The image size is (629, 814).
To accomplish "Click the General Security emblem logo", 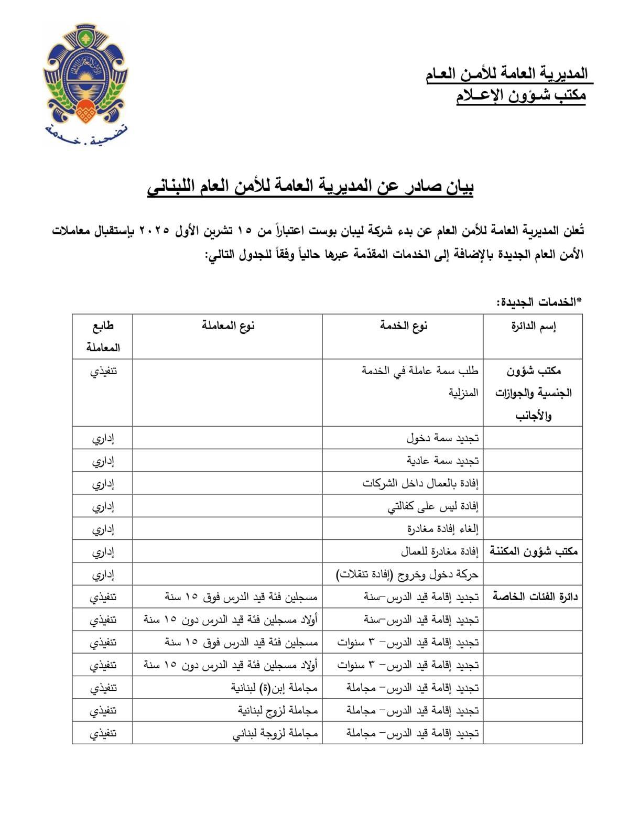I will pyautogui.click(x=85, y=76).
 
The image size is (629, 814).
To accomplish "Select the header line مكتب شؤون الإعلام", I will pyautogui.click(x=520, y=95).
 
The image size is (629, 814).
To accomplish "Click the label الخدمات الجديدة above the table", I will pyautogui.click(x=539, y=302).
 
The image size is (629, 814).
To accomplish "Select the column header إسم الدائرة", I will pyautogui.click(x=533, y=327).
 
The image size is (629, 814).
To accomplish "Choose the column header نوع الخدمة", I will pyautogui.click(x=403, y=326).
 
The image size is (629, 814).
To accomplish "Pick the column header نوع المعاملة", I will pyautogui.click(x=227, y=326).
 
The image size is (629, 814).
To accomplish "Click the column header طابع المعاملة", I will pyautogui.click(x=103, y=337).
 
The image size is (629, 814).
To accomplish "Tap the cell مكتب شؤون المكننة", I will pyautogui.click(x=534, y=551).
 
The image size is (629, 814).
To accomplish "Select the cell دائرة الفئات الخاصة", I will pyautogui.click(x=535, y=596).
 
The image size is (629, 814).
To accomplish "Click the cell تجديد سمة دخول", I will pyautogui.click(x=442, y=438).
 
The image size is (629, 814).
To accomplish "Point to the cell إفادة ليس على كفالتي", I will pyautogui.click(x=433, y=506).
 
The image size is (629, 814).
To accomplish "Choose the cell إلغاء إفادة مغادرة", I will pyautogui.click(x=442, y=529).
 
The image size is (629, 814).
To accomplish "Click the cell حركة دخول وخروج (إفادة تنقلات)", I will pyautogui.click(x=407, y=574).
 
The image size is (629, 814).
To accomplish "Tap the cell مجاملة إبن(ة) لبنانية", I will pyautogui.click(x=274, y=688).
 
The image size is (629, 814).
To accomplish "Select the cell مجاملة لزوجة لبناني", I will pyautogui.click(x=275, y=733).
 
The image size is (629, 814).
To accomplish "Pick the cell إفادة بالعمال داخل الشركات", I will pyautogui.click(x=420, y=483).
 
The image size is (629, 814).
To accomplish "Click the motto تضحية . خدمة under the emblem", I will pyautogui.click(x=85, y=136).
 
